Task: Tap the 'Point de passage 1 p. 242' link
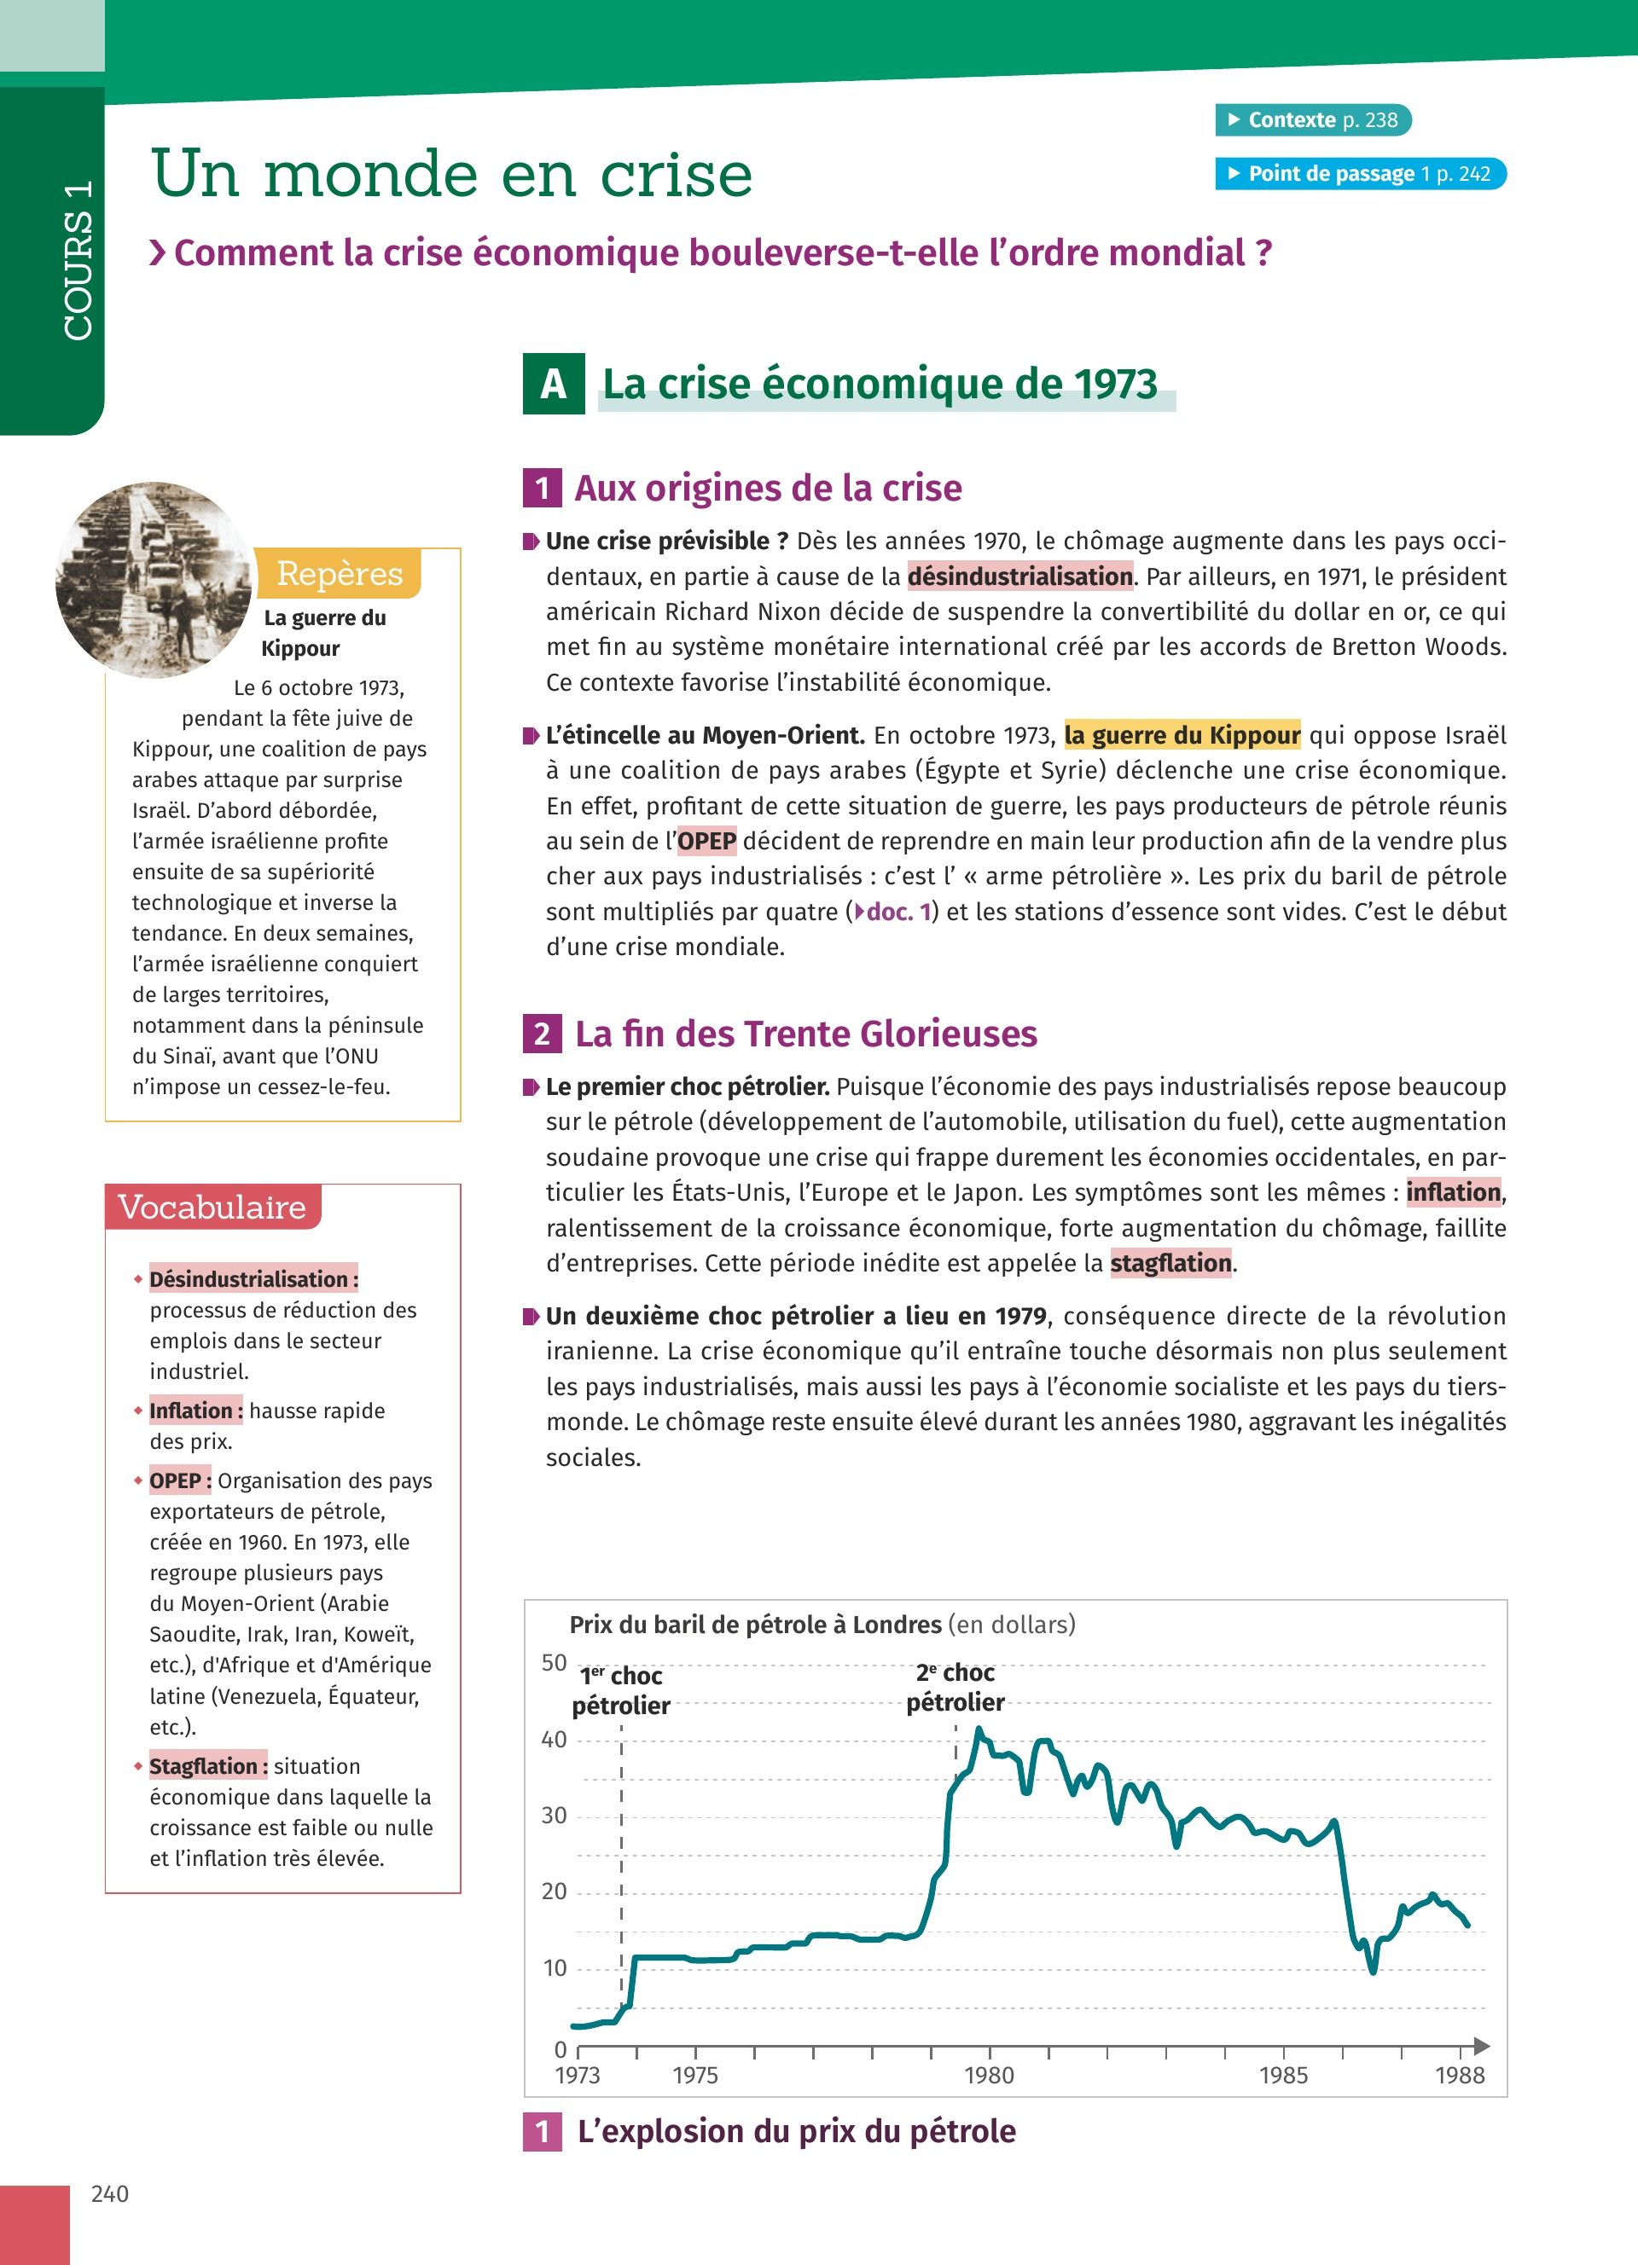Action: point(1361,174)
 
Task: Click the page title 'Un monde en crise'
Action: point(451,174)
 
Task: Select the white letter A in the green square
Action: point(554,384)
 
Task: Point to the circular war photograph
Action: point(154,579)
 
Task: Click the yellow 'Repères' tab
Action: point(339,573)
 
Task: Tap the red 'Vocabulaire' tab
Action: point(212,1207)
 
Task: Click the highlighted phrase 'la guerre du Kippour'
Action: point(1182,735)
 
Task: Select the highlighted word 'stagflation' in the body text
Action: point(1170,1263)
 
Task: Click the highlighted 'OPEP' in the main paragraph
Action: point(706,841)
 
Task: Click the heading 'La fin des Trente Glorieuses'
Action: point(805,1034)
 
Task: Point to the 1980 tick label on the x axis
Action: point(989,2075)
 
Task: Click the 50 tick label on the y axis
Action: point(555,1663)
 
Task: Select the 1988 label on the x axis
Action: point(1459,2075)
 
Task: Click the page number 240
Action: point(110,2193)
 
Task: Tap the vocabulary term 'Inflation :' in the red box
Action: point(195,1411)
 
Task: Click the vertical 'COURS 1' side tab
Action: point(78,259)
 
